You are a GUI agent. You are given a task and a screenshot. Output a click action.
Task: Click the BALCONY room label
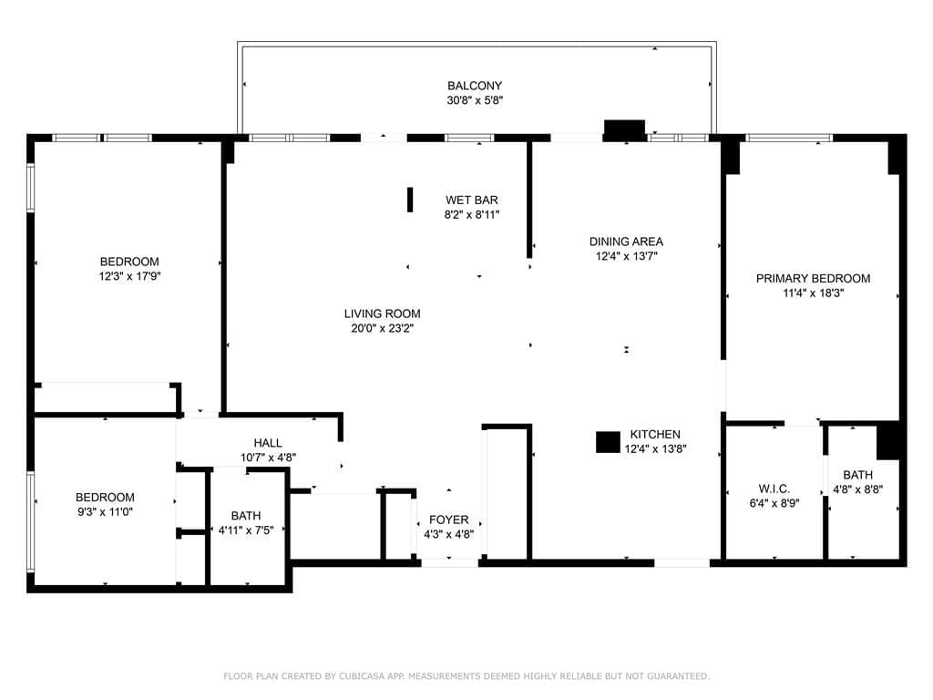(474, 86)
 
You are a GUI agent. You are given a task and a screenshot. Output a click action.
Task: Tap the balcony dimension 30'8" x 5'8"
(474, 100)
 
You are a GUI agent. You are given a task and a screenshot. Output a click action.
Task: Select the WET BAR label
(471, 201)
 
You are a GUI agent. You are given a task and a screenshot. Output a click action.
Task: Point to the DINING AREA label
(626, 242)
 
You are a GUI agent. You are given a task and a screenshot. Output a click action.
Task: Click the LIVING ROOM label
(382, 314)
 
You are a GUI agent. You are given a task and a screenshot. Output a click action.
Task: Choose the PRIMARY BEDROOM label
(813, 279)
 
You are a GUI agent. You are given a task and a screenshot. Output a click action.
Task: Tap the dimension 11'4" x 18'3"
(813, 293)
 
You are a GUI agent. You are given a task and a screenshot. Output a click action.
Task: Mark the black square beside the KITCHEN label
(608, 442)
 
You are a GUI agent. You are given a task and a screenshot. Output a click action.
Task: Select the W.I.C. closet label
(774, 489)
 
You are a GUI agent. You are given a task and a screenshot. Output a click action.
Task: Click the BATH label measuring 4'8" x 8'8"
(857, 475)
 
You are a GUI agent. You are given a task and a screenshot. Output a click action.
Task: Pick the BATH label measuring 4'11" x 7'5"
(245, 515)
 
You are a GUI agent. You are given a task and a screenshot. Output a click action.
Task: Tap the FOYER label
(448, 520)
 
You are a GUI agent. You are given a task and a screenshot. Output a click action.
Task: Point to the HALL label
(268, 443)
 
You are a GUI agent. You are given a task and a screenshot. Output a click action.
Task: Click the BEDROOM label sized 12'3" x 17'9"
(129, 261)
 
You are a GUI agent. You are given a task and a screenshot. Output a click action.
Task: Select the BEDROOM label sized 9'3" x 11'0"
(105, 498)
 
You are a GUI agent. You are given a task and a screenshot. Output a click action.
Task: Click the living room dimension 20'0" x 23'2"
(382, 328)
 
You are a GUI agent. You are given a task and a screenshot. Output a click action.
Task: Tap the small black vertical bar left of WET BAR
(410, 200)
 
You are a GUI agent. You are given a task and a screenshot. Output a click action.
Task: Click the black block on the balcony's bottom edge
(625, 129)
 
